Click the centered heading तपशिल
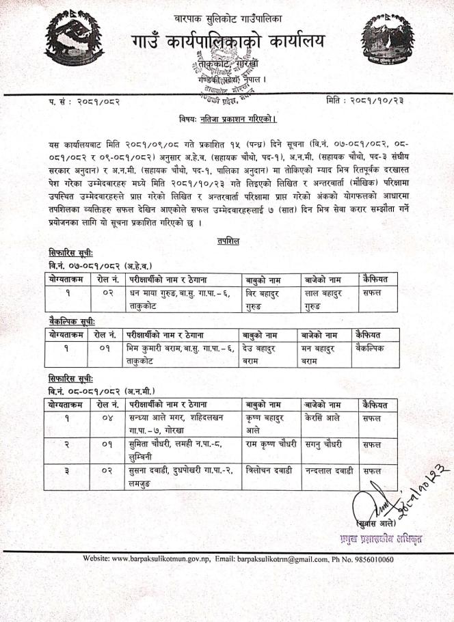click(x=227, y=241)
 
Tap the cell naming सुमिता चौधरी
click(x=175, y=450)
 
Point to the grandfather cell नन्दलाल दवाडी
click(x=330, y=472)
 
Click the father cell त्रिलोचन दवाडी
click(x=269, y=472)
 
